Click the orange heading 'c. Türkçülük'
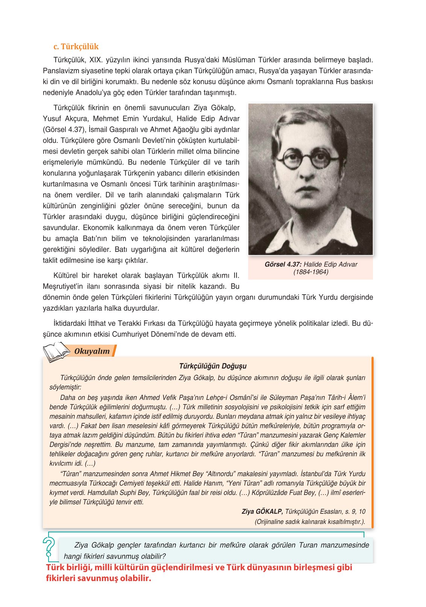[76, 47]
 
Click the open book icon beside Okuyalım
[56, 352]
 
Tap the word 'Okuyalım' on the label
[92, 351]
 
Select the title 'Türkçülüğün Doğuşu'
[213, 366]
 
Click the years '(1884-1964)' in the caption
[311, 272]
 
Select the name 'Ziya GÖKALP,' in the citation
[262, 512]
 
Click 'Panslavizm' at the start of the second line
[61, 71]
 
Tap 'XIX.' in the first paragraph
[96, 60]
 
